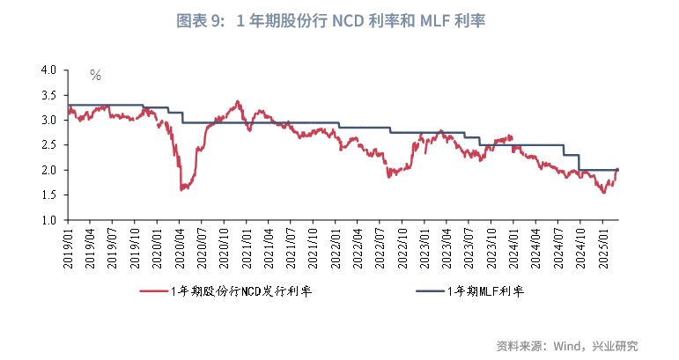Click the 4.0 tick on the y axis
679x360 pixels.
click(48, 70)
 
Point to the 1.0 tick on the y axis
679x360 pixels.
click(48, 220)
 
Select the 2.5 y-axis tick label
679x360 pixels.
click(48, 145)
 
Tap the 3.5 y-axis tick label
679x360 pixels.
click(48, 95)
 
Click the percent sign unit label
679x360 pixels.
click(95, 76)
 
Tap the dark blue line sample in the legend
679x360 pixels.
click(431, 290)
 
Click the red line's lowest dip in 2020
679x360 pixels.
click(181, 189)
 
